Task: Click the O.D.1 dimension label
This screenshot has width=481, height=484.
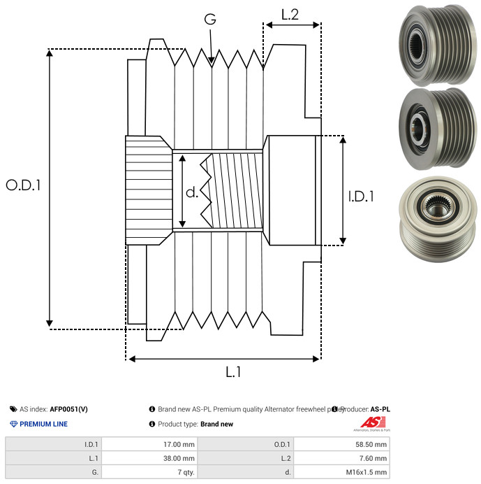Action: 24,185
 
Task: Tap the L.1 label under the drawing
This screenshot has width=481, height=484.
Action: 233,372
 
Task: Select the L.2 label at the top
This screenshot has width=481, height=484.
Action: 290,14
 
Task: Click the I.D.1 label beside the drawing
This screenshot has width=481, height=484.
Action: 361,197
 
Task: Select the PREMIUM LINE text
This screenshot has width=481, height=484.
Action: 43,424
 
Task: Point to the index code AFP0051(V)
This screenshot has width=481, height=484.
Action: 69,409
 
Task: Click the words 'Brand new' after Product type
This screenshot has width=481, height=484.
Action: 216,424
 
